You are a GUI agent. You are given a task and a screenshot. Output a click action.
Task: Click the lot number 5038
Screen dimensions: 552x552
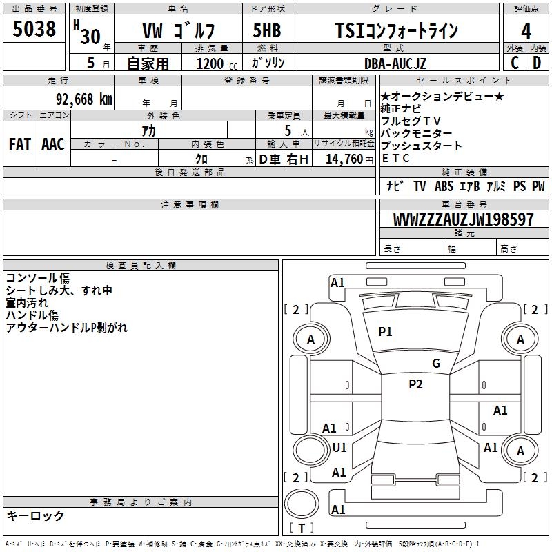click(x=34, y=29)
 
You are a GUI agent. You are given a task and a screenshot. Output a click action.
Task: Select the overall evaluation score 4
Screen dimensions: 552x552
click(x=526, y=32)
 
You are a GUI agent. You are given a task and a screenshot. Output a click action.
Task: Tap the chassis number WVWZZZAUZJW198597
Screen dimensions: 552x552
click(x=463, y=219)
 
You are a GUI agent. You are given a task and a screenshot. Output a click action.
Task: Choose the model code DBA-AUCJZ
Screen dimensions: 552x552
click(x=395, y=63)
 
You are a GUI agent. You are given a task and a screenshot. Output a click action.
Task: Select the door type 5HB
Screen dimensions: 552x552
click(x=267, y=31)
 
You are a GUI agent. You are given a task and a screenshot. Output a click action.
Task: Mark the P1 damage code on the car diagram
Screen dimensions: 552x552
click(x=385, y=332)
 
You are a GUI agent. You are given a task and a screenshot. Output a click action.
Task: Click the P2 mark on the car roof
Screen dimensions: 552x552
click(x=415, y=384)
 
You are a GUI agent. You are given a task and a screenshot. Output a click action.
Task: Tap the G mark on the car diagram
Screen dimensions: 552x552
click(x=436, y=364)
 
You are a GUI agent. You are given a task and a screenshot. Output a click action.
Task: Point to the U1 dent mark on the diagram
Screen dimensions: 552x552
click(x=339, y=448)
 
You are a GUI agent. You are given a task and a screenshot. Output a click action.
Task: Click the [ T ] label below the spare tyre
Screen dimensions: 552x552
click(x=301, y=529)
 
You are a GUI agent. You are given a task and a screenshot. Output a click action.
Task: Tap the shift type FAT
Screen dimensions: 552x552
click(x=19, y=144)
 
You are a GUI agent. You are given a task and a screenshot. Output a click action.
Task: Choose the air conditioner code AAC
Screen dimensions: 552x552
click(x=52, y=144)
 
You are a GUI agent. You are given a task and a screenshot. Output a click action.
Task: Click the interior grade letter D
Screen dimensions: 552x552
click(x=536, y=63)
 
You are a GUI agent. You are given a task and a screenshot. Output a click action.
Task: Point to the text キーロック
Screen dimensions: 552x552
click(x=35, y=515)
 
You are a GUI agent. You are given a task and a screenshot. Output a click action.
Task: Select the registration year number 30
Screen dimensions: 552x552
click(x=89, y=36)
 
